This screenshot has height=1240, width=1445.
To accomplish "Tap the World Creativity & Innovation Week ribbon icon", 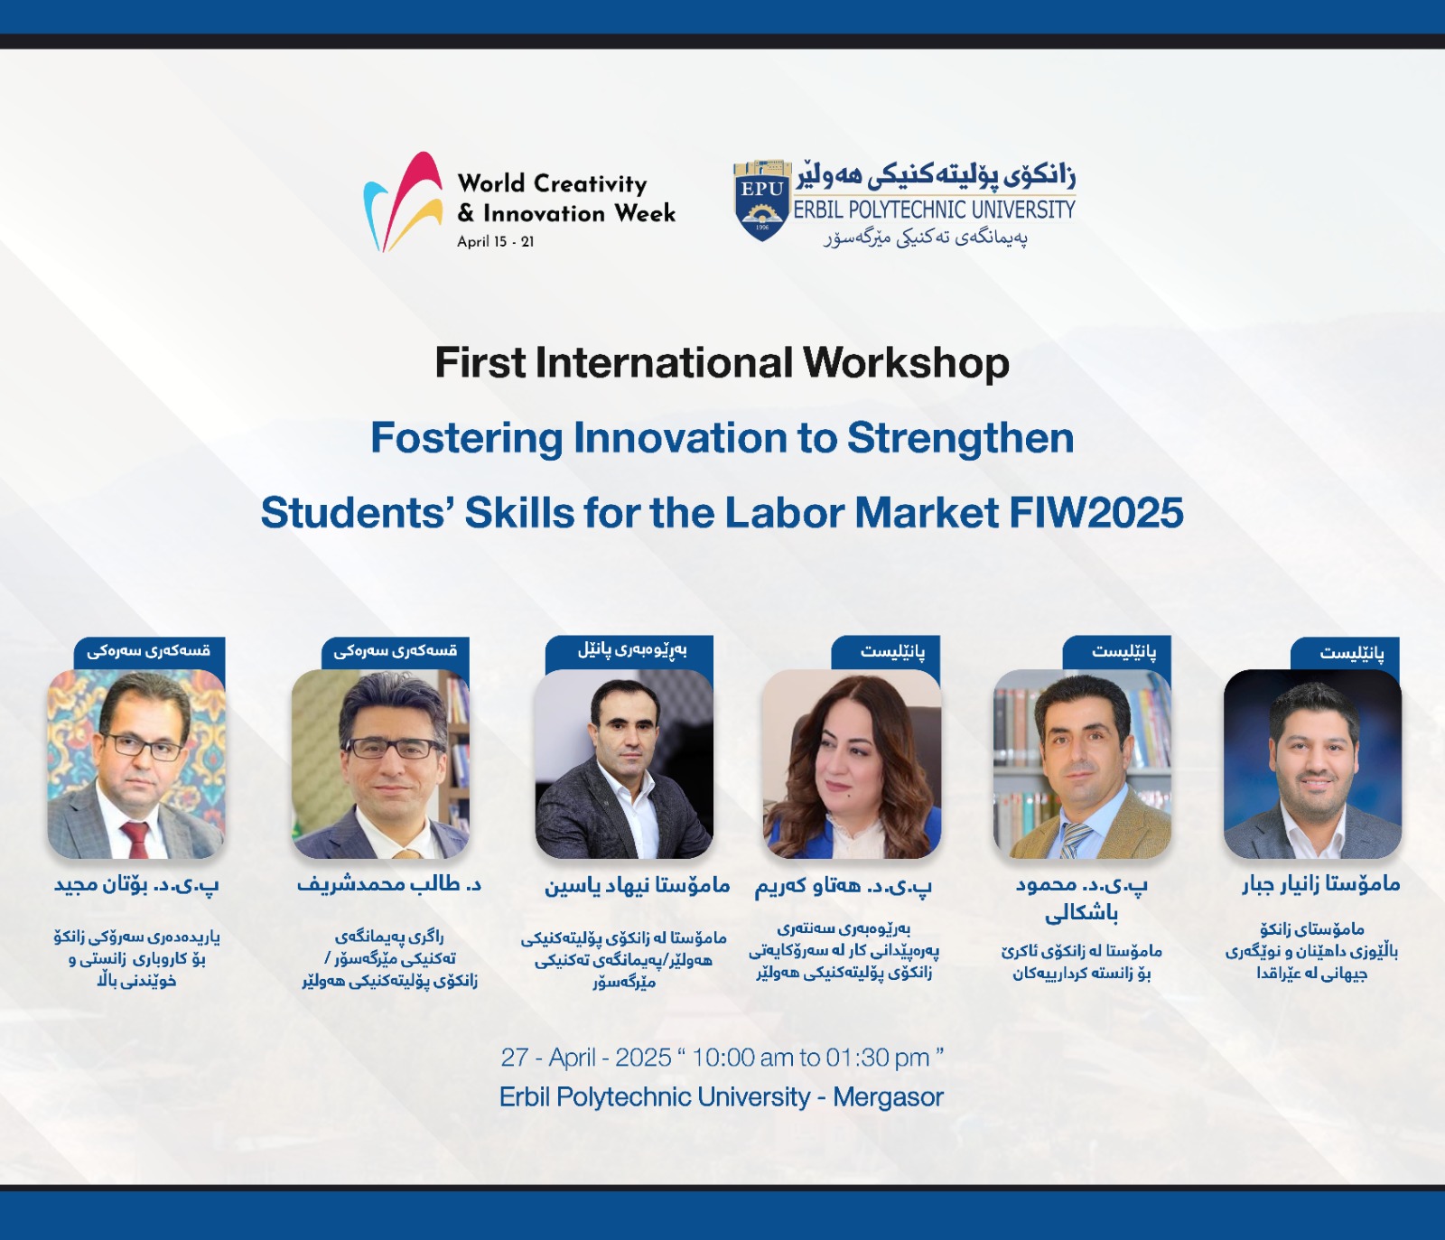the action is pos(403,202).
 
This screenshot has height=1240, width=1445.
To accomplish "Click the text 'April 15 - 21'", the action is pos(495,242).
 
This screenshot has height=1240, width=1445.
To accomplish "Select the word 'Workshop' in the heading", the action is pos(906,364).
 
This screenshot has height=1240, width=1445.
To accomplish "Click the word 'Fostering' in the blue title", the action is pos(467,440).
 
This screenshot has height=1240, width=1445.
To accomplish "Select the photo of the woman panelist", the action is pos(852,764).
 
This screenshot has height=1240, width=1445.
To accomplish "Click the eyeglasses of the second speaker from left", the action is pos(393,748).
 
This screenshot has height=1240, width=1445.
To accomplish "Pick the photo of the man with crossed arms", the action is pos(624,764).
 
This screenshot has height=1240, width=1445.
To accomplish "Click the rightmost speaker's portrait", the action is pos(1312,764).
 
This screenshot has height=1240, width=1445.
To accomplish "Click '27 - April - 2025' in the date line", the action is pos(586,1058).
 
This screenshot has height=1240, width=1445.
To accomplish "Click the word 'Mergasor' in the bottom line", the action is pos(888,1097).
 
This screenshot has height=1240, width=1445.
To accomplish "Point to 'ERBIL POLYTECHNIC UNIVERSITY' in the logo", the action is pos(935,210).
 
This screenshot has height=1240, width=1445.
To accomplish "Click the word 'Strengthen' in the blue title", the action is pos(960,440).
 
